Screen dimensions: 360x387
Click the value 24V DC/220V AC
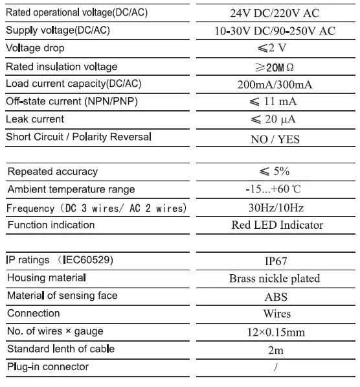pos(275,13)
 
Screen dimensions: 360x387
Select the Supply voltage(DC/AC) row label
pos(58,30)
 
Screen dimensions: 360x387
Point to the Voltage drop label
pos(35,48)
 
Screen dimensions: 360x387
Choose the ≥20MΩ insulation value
pos(275,67)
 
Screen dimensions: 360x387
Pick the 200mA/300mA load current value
pos(275,84)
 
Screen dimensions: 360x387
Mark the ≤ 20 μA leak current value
pos(275,120)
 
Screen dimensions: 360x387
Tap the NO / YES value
pos(275,138)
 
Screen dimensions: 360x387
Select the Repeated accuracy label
pos(52,172)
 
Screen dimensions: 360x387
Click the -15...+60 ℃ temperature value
pos(275,190)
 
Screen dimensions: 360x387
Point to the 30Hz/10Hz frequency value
pos(275,208)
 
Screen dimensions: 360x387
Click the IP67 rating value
pos(275,261)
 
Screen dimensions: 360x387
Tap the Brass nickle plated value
pos(275,279)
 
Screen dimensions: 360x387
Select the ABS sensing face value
pos(275,297)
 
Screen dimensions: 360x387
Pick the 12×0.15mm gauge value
pos(275,332)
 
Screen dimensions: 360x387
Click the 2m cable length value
pos(275,349)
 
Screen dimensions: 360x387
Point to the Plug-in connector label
pos(48,367)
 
